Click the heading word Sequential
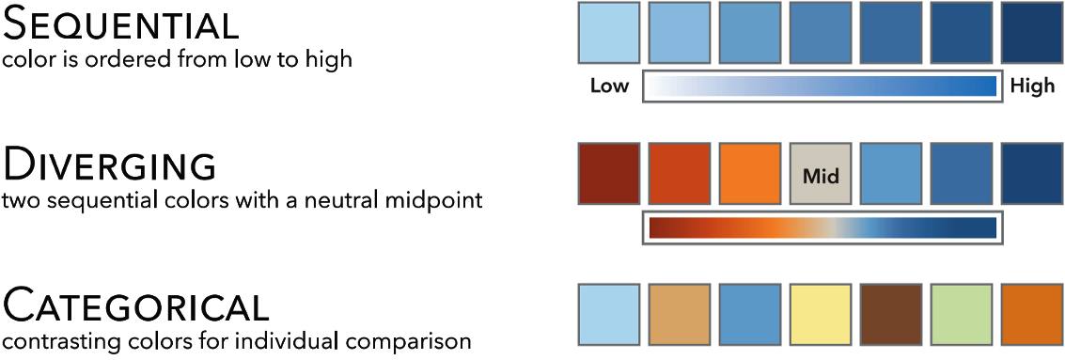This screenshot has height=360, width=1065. point(121,25)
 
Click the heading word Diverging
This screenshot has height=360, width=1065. point(110,166)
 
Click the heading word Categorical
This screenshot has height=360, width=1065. point(136,305)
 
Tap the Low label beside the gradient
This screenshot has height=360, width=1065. point(609,86)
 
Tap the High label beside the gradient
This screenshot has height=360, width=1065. point(1032,86)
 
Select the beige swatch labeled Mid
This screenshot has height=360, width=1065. point(821,173)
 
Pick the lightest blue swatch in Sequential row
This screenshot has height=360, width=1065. point(608,33)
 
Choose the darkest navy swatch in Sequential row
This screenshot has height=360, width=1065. point(1032,33)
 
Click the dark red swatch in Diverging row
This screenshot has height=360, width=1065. point(608,173)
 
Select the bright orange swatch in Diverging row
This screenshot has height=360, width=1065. point(750,173)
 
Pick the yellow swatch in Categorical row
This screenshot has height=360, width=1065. point(821,315)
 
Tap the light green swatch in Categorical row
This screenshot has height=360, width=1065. point(962,315)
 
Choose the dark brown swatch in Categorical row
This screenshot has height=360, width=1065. point(891,315)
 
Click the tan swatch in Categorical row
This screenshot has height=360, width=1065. point(680,315)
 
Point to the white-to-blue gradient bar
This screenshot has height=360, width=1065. point(822,86)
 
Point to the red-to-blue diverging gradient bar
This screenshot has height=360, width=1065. point(822,227)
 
